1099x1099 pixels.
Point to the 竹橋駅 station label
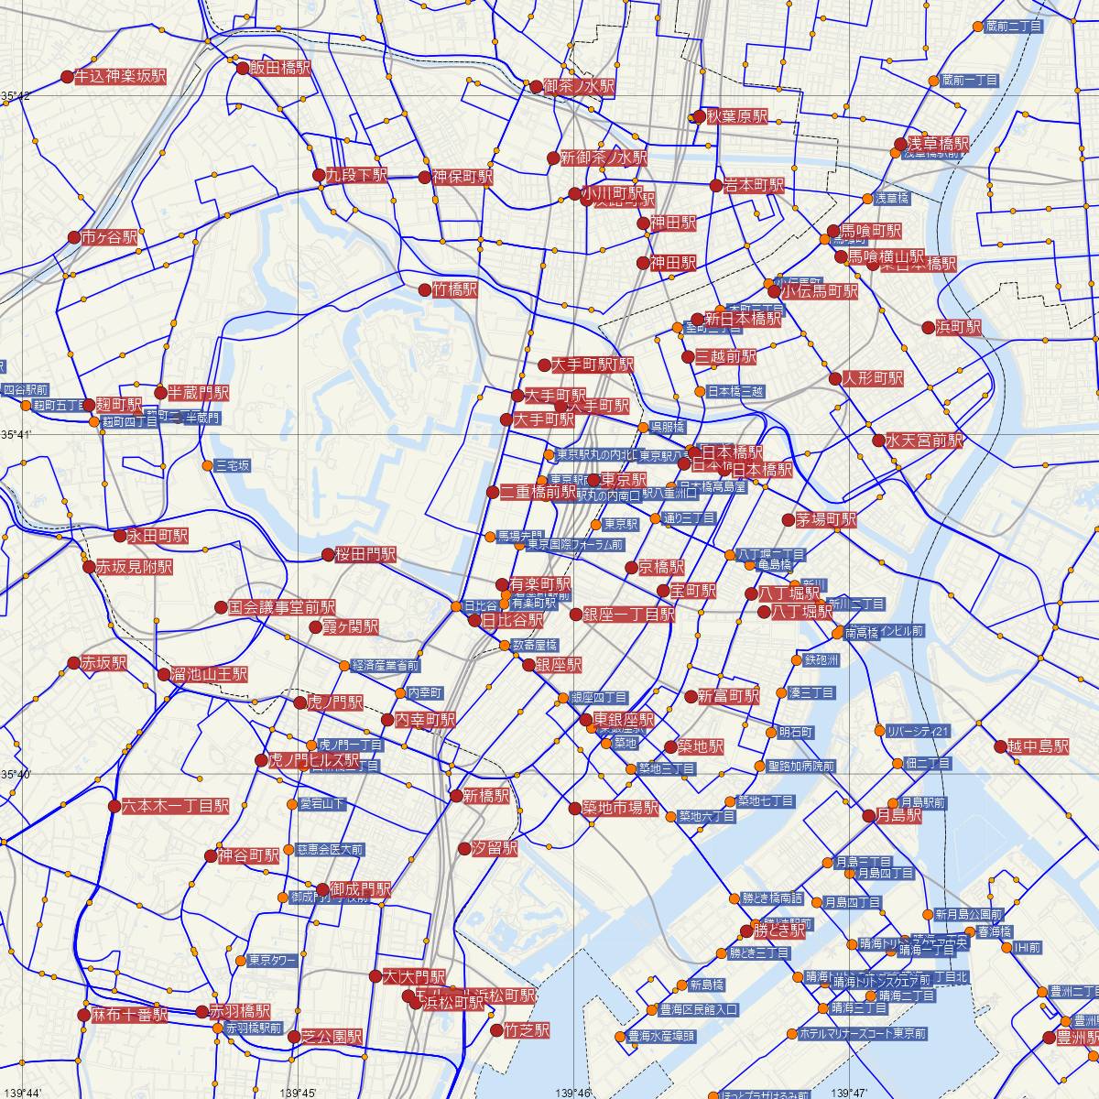tap(455, 290)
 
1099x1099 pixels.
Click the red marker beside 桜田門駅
tap(329, 554)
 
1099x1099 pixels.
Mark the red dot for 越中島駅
tap(1001, 746)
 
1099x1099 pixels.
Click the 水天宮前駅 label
tap(924, 441)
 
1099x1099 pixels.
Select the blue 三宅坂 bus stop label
tap(232, 466)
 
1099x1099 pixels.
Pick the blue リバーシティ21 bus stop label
tap(919, 731)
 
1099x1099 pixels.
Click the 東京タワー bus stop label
tap(272, 961)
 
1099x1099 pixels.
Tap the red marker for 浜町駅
tap(930, 327)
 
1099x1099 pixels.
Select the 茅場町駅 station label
tap(826, 519)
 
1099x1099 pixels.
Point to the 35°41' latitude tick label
tap(16, 433)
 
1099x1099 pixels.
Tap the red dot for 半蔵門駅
tap(161, 393)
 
